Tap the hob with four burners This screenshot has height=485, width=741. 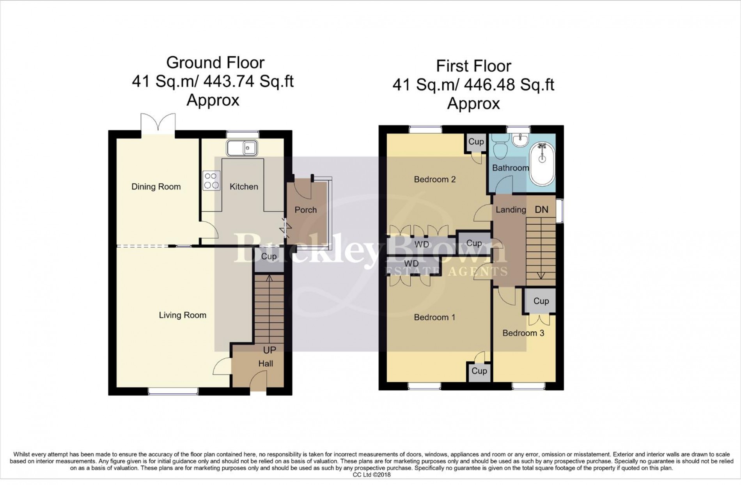211,181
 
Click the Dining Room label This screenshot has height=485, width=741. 156,187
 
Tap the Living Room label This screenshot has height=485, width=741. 183,315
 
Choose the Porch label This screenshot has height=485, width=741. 306,210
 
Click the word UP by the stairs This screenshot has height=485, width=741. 269,350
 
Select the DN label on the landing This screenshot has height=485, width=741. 541,210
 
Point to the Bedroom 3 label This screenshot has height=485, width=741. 523,333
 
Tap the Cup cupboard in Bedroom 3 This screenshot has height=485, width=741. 541,301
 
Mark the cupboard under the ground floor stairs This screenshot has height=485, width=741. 269,260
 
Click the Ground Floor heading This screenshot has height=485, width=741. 215,62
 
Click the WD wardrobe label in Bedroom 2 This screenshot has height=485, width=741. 422,244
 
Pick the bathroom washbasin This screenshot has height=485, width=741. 519,140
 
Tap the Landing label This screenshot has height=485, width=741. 511,210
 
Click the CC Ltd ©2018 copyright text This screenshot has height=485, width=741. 372,475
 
